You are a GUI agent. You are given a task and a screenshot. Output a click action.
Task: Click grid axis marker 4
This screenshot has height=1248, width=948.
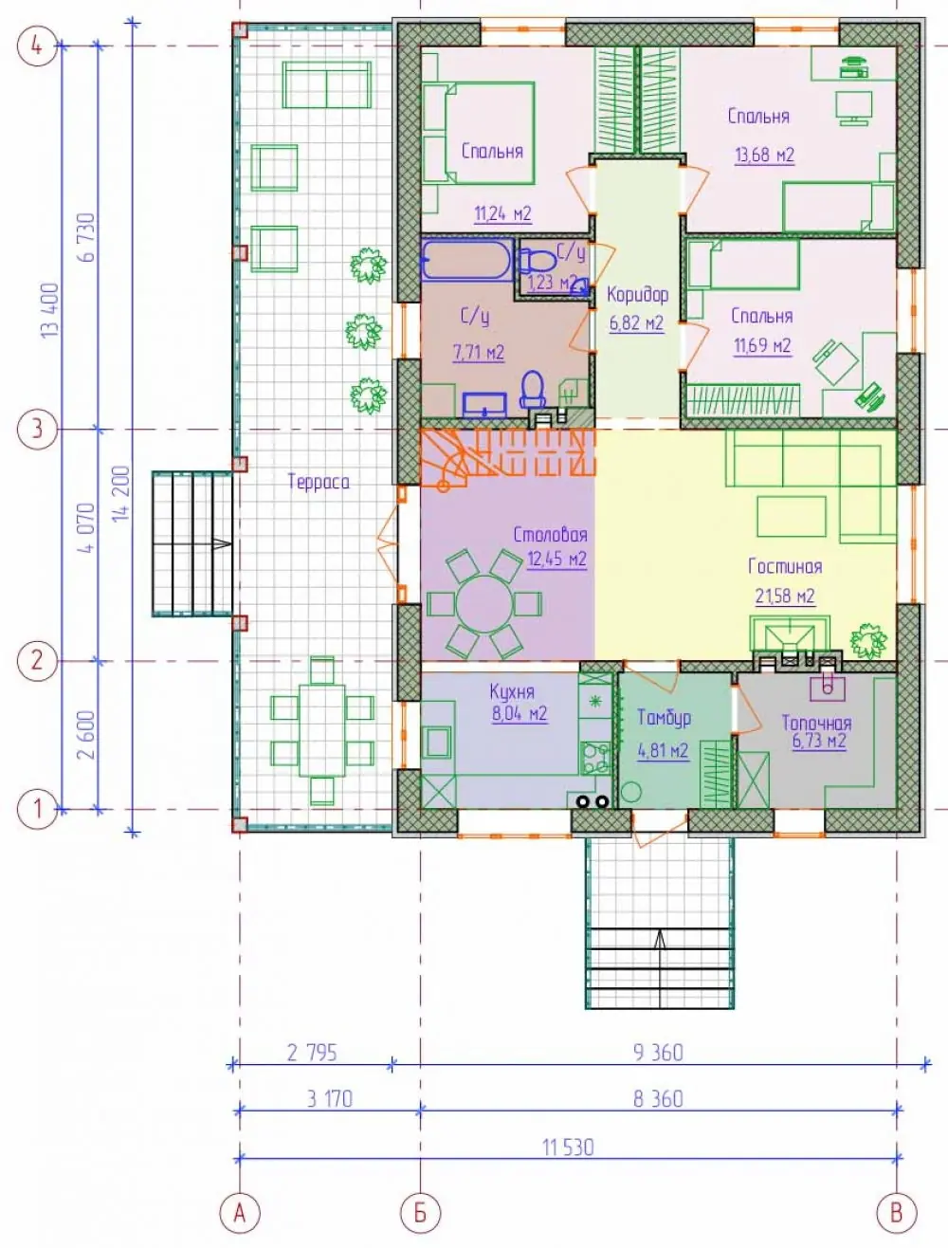point(36,46)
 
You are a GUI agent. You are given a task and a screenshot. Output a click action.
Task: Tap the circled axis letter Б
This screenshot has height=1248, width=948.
point(420,1213)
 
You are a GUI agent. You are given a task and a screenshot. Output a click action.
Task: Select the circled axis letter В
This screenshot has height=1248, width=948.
point(896,1213)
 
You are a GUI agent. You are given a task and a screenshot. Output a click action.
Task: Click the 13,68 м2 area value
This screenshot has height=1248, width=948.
point(764,156)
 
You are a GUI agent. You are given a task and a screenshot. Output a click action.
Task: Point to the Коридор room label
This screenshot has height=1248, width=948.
point(637,295)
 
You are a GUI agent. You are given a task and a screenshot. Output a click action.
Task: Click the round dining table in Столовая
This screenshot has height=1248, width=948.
point(484,604)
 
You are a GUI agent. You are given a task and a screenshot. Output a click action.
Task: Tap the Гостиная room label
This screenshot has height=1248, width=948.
point(785,567)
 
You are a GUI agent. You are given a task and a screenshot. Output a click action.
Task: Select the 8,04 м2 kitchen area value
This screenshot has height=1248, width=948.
point(520,713)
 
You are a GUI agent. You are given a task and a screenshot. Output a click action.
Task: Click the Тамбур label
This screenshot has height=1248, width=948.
point(664,718)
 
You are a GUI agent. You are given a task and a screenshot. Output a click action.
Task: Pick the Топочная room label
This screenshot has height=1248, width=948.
point(817,724)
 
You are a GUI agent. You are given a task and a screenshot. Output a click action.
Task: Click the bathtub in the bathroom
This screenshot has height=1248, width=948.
point(467,260)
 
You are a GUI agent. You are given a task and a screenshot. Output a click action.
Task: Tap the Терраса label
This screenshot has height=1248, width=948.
point(319,482)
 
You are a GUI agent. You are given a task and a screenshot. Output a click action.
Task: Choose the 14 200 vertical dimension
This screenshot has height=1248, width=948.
point(121,493)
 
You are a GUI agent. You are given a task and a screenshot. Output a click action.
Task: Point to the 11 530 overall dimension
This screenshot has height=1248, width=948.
point(568,1147)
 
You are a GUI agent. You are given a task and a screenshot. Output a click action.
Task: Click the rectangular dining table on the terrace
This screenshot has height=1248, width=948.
point(322,730)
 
